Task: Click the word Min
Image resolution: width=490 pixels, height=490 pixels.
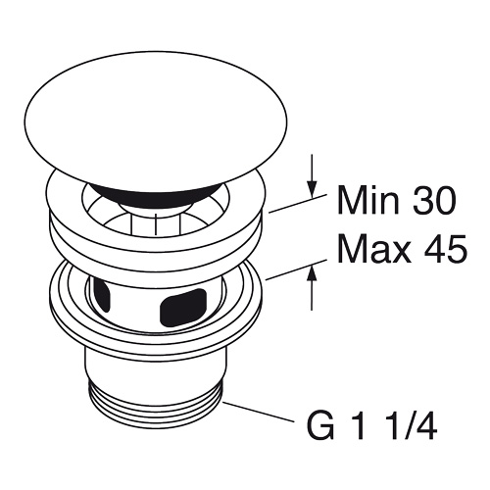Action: coord(367,201)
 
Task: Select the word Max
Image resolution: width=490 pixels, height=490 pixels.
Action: coord(373,249)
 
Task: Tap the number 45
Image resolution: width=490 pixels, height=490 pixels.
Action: coord(445,249)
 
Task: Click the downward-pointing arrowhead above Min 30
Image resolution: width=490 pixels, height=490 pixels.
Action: coord(313,189)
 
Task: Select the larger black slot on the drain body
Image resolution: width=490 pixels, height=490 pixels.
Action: coord(183,306)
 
